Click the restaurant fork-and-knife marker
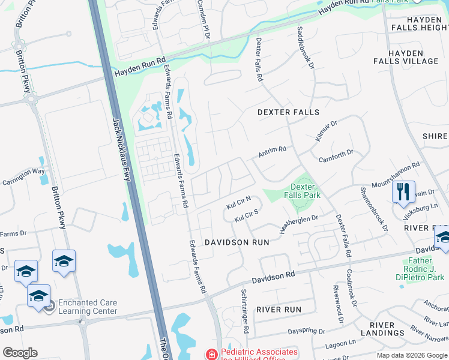coord(403,191)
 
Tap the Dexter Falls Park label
coord(306,191)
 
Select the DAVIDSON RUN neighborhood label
coord(237,242)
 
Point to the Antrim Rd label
coord(272,152)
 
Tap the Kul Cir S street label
coord(246,216)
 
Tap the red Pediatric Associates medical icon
coord(211,354)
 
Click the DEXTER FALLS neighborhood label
coord(288,112)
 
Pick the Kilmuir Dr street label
coord(327,130)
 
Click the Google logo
coord(20,353)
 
